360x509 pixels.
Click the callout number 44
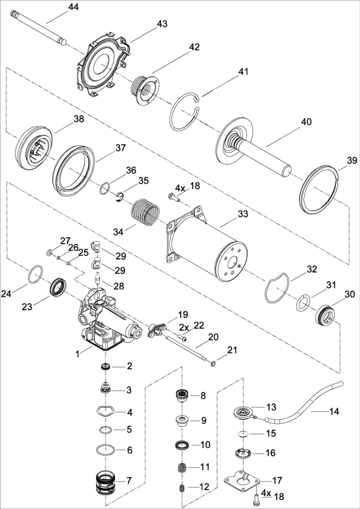[73, 7]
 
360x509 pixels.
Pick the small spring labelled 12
[182, 487]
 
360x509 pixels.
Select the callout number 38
[79, 119]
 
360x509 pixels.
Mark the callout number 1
[77, 354]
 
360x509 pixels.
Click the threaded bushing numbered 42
[145, 89]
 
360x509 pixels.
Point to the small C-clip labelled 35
[120, 197]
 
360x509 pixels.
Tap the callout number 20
[213, 337]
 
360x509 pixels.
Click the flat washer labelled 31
[302, 303]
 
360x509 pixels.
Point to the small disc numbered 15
[242, 433]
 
